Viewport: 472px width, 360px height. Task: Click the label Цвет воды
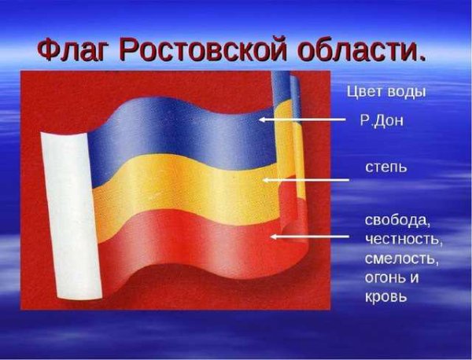[386, 92]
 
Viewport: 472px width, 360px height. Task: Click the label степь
[385, 168]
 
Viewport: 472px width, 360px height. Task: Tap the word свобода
[398, 217]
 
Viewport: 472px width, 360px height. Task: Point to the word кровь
[386, 298]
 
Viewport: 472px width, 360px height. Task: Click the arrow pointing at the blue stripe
[303, 120]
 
